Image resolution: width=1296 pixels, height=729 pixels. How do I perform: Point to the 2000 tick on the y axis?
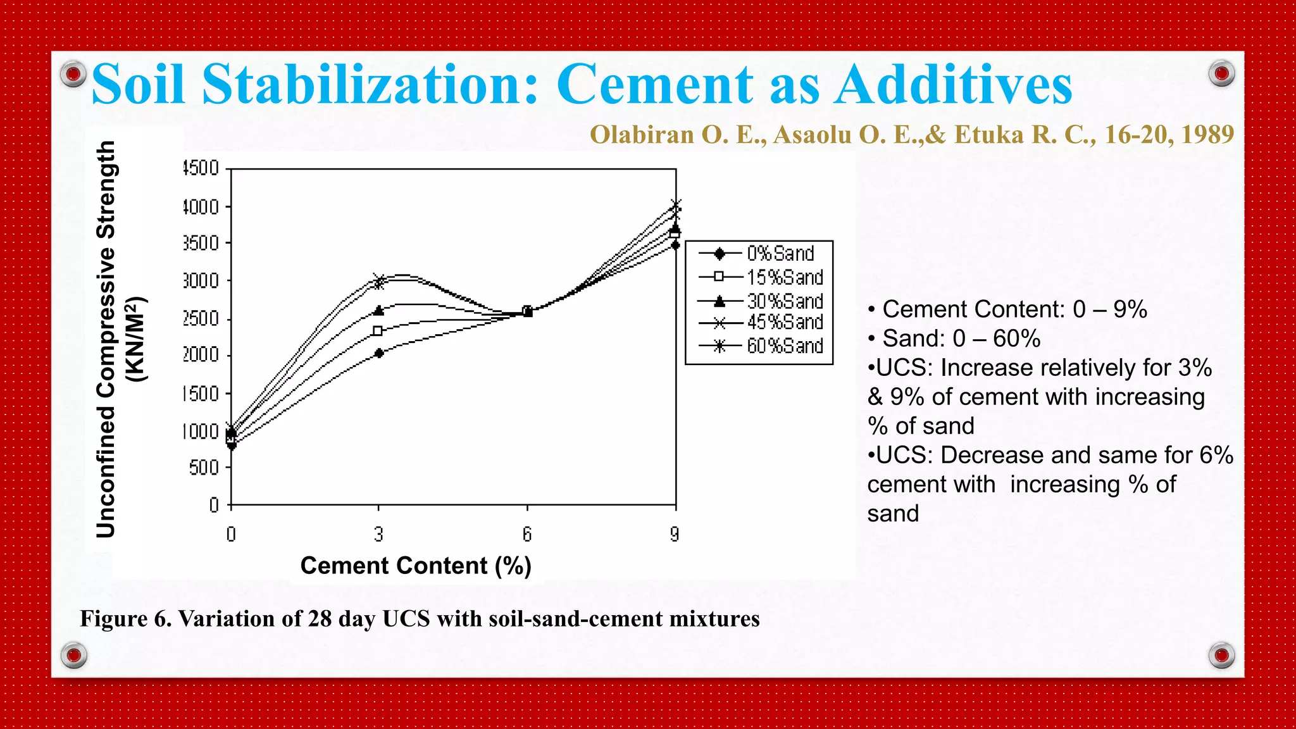(x=201, y=355)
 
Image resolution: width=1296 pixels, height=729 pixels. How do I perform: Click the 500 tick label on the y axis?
(x=204, y=468)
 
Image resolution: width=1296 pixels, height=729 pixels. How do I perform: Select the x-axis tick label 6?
(x=527, y=535)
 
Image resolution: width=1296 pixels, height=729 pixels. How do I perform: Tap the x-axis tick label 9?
(x=675, y=535)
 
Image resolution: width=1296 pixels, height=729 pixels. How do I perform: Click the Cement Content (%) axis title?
(x=416, y=565)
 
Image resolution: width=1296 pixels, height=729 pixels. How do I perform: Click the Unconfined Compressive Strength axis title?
(x=106, y=339)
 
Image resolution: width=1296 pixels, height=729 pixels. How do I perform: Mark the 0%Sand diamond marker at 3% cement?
(x=379, y=353)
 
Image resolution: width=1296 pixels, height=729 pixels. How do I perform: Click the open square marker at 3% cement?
(x=378, y=331)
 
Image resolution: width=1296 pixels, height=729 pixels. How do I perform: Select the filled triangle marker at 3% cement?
(x=379, y=310)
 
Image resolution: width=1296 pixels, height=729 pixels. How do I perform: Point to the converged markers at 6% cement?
(x=527, y=311)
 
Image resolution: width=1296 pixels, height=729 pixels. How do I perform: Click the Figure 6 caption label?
(x=125, y=618)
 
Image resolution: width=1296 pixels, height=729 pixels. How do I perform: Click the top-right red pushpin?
(x=1221, y=74)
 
